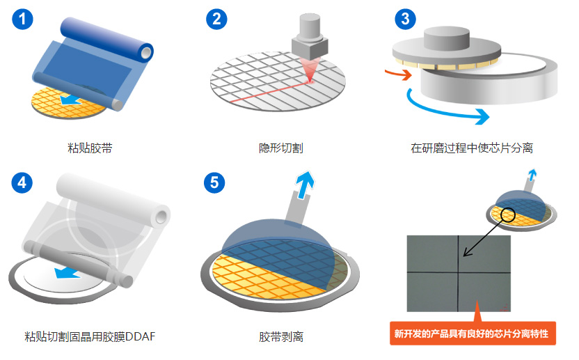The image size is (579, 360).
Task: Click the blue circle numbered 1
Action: click(22, 19)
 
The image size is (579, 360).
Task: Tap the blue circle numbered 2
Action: click(216, 19)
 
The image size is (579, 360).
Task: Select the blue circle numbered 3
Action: click(406, 19)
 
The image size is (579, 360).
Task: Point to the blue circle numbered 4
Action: click(22, 182)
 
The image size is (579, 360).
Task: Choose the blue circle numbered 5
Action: click(214, 182)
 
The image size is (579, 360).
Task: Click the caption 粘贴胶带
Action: click(90, 148)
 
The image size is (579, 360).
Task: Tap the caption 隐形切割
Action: click(281, 148)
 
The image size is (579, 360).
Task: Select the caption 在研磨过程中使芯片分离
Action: click(472, 148)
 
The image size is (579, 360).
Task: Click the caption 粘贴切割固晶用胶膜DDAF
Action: click(90, 337)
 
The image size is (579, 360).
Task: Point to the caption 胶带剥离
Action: click(281, 337)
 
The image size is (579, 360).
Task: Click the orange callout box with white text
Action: click(473, 334)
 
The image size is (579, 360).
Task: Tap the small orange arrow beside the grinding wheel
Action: click(399, 74)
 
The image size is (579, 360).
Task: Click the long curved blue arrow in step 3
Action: click(443, 110)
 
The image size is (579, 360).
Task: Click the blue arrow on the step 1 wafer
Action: click(70, 100)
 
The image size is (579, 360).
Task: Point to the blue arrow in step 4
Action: click(68, 273)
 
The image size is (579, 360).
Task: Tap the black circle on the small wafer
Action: click(508, 214)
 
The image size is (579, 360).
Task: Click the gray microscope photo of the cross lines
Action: click(459, 274)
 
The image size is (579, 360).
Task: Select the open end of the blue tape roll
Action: click(147, 52)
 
